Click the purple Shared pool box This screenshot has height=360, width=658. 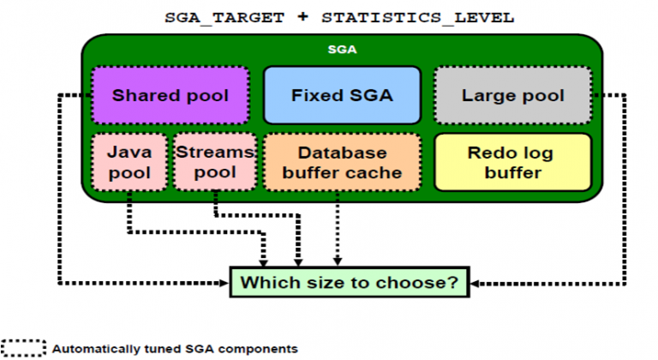pyautogui.click(x=170, y=95)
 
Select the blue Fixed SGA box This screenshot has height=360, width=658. pyautogui.click(x=341, y=95)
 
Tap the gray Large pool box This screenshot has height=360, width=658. pyautogui.click(x=512, y=95)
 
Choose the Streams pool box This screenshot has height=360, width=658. pyautogui.click(x=214, y=162)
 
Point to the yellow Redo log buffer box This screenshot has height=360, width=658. pyautogui.click(x=511, y=162)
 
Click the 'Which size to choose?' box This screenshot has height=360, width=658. pyautogui.click(x=350, y=281)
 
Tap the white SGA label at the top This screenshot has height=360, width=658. pyautogui.click(x=342, y=50)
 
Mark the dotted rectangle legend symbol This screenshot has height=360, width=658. pyautogui.click(x=22, y=349)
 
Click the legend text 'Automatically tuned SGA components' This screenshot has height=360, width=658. pyautogui.click(x=175, y=349)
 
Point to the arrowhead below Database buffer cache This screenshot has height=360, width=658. pyautogui.click(x=338, y=260)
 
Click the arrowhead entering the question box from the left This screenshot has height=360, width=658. pyautogui.click(x=224, y=281)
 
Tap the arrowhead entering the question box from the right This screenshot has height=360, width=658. pyautogui.click(x=476, y=281)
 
